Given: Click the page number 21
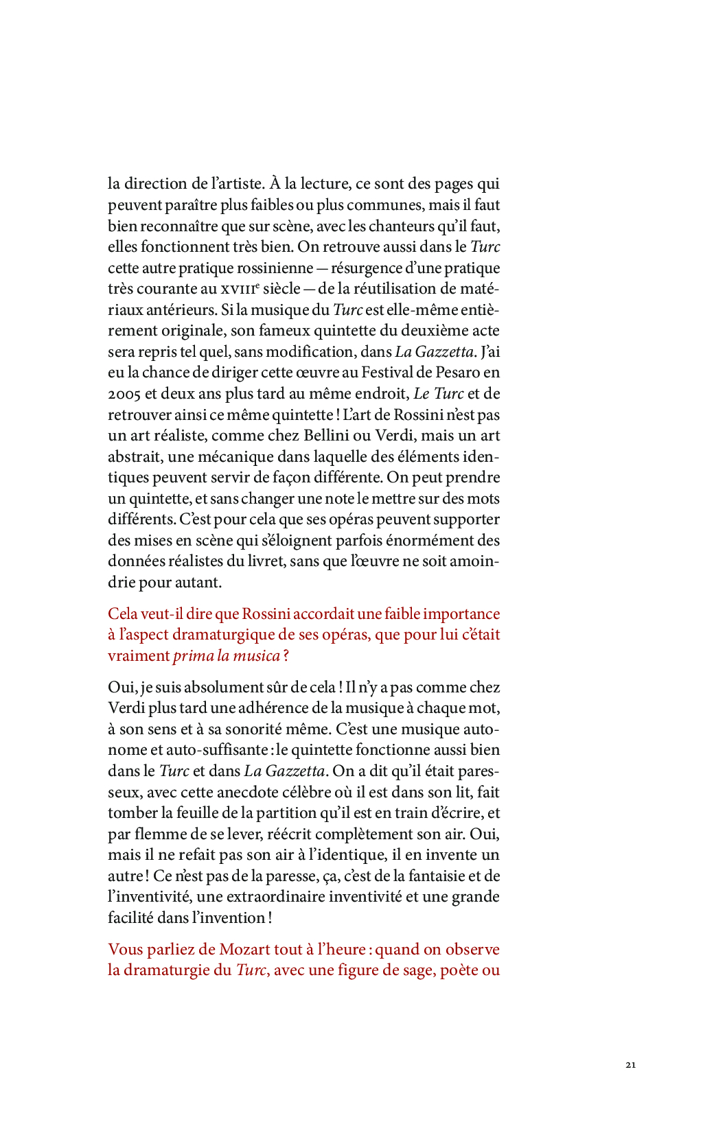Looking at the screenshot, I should (x=630, y=1065).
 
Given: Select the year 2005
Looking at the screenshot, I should (x=124, y=394).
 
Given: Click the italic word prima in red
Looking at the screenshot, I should (x=193, y=656).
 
